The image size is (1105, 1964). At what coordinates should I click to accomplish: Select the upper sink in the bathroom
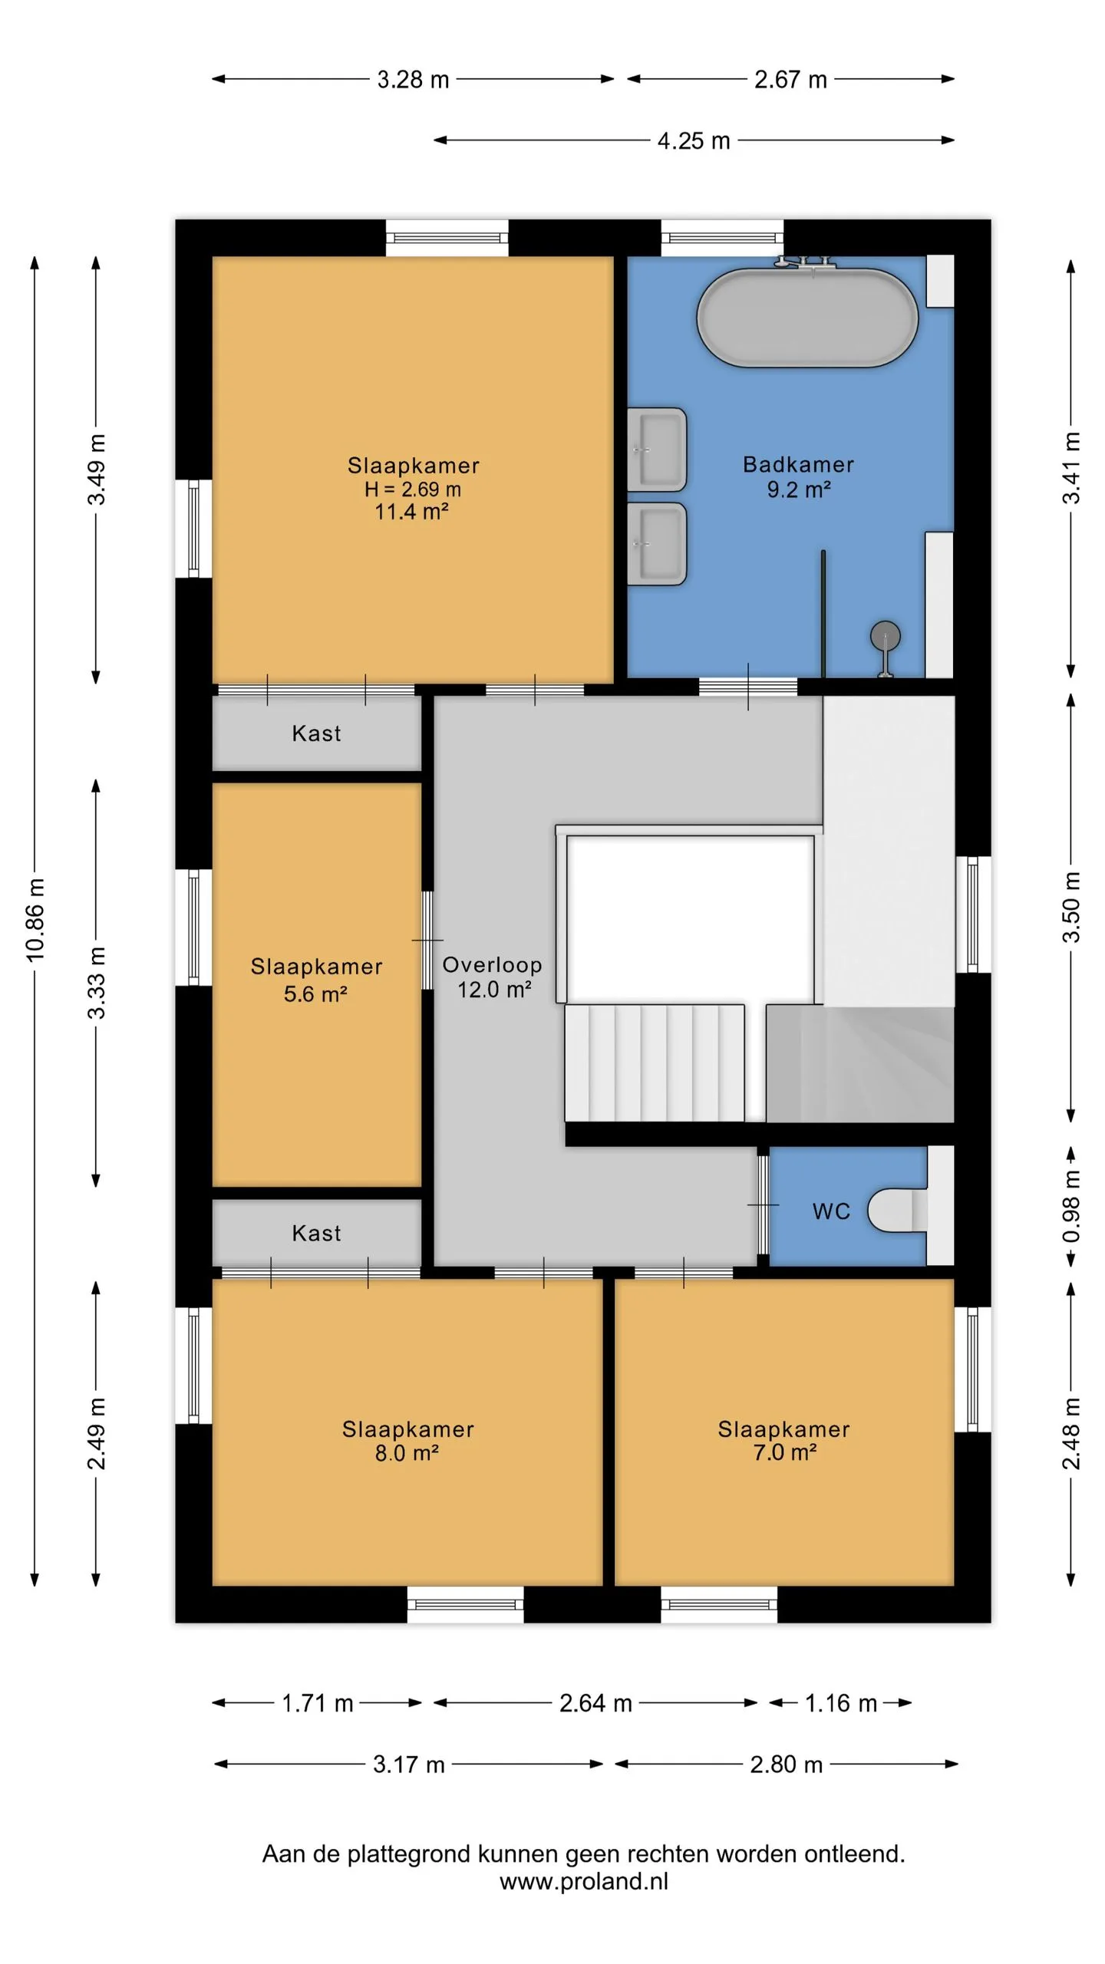[657, 450]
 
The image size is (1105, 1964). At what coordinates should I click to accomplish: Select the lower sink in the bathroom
[657, 544]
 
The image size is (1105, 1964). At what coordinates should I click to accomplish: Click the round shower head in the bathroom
[886, 636]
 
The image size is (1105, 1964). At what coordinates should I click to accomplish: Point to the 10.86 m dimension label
[35, 919]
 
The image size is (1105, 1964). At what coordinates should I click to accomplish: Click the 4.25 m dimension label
[694, 141]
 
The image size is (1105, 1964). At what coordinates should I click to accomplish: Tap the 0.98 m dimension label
[1072, 1206]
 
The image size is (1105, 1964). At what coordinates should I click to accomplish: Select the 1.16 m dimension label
[840, 1703]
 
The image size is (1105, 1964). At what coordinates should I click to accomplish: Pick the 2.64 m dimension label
[595, 1703]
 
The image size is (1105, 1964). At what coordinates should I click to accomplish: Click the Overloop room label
[492, 964]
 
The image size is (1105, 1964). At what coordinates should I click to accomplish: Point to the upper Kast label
[316, 733]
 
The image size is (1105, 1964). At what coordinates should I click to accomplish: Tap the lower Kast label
[316, 1233]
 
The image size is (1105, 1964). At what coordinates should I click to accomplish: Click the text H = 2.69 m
[413, 489]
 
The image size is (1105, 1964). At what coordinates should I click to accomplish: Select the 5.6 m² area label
[315, 994]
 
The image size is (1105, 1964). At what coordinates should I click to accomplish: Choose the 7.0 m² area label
[784, 1452]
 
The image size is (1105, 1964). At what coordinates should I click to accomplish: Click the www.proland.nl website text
[584, 1881]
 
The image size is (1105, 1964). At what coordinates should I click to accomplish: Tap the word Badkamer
[798, 464]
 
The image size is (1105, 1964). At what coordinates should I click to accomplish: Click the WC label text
[831, 1211]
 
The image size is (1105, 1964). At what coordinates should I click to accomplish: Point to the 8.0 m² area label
[407, 1452]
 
